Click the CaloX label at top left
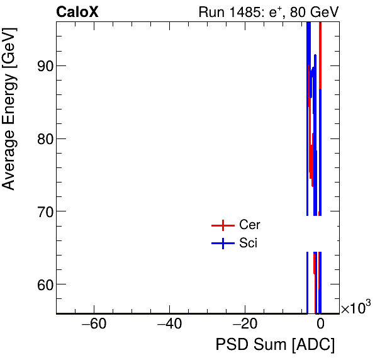(x=77, y=12)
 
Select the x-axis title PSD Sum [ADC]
(x=275, y=345)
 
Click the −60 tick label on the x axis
(x=94, y=325)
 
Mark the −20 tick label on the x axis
(x=244, y=325)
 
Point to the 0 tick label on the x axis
(x=320, y=325)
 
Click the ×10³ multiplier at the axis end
(x=355, y=308)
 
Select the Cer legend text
(x=250, y=225)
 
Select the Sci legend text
(x=248, y=244)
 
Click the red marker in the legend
(x=222, y=225)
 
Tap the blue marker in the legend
(x=222, y=244)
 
